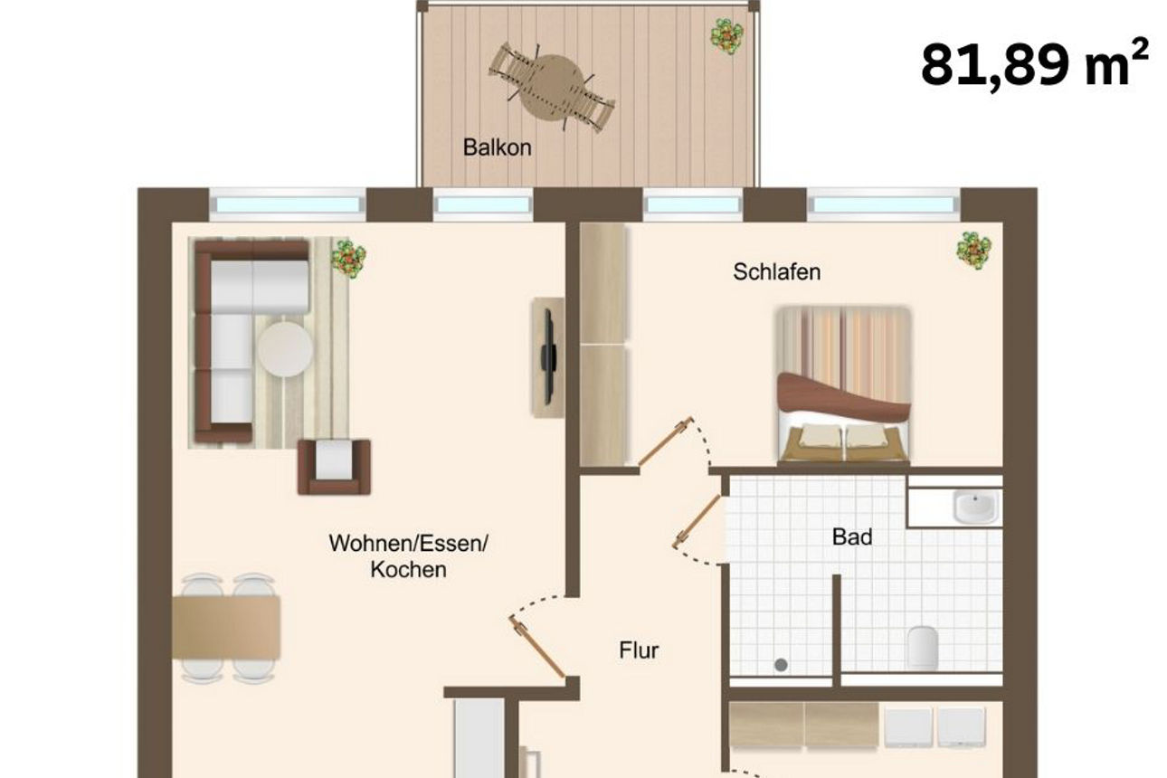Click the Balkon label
pos(497,147)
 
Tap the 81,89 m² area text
pos(1034,65)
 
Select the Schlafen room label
pos(777,271)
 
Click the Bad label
pos(852,537)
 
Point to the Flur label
pos(639,650)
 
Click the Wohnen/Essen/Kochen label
pos(408,556)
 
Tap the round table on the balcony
pos(552,87)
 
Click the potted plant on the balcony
pos(726,36)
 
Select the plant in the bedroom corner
pos(973,250)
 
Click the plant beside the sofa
pos(347,258)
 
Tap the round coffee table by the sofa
pos(285,349)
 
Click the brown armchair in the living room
pos(334,465)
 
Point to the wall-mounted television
pos(548,356)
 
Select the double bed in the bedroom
pos(844,384)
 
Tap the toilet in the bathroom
pos(922,647)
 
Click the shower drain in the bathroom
pos(781,665)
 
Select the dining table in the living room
pos(226,627)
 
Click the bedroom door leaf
pos(665,442)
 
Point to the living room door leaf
pos(537,647)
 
